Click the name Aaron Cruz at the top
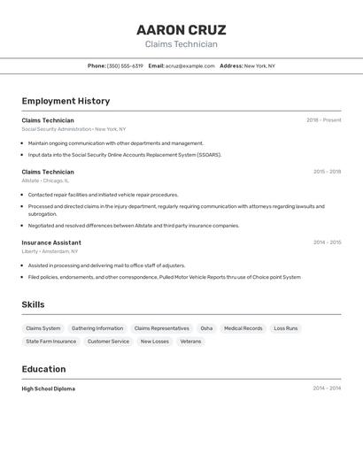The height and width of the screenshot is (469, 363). point(181,30)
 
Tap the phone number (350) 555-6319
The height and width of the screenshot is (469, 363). point(125,65)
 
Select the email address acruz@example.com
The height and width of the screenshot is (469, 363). point(190,65)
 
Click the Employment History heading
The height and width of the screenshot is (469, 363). point(66,101)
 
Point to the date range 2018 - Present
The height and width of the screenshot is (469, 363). point(323,120)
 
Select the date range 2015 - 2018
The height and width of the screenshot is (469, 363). point(327,172)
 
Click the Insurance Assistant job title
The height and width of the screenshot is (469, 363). point(51,242)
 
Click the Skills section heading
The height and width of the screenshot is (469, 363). point(34,304)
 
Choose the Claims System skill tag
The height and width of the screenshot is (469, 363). point(43,328)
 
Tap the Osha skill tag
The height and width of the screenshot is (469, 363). point(206,328)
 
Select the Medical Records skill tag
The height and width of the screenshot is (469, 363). point(243,328)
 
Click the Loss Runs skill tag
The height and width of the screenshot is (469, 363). point(286,328)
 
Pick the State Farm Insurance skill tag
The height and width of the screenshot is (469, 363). point(51,341)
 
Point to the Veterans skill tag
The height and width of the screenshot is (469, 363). point(190,341)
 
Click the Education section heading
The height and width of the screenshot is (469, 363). point(43,369)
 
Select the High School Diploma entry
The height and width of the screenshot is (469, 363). point(49,388)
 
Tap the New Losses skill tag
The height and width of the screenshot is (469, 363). point(155,341)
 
